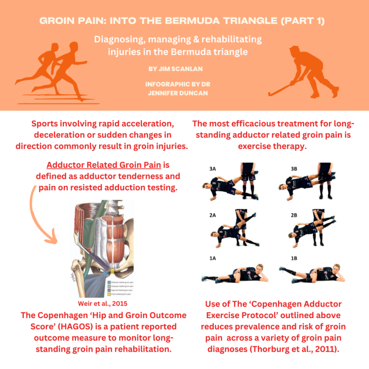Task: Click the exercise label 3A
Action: click(x=213, y=169)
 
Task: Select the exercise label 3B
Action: click(x=294, y=169)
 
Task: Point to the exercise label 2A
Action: click(x=212, y=215)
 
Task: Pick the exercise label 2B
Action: click(x=294, y=215)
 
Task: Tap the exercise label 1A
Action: click(x=212, y=258)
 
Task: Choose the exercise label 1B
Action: click(x=294, y=258)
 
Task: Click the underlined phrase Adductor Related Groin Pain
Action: click(x=104, y=165)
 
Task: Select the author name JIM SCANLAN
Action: click(x=184, y=69)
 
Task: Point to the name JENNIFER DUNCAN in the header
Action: click(x=184, y=93)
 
